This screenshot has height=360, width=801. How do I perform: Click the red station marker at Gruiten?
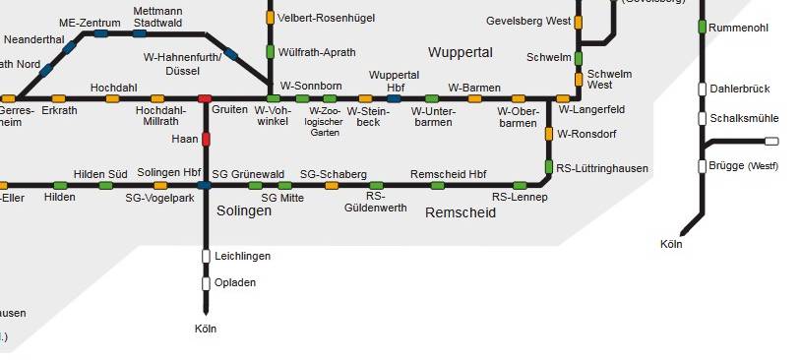pyautogui.click(x=205, y=98)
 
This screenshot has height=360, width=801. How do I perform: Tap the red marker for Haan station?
pyautogui.click(x=206, y=139)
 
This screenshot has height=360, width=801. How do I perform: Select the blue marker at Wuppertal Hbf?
pyautogui.click(x=394, y=98)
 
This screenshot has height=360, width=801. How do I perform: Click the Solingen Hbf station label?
pyautogui.click(x=169, y=172)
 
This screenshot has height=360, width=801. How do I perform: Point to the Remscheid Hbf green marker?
pyautogui.click(x=437, y=185)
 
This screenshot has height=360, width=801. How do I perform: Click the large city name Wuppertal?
pyautogui.click(x=460, y=51)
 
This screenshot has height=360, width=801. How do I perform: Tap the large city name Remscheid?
pyautogui.click(x=460, y=212)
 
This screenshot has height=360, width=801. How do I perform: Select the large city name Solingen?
pyautogui.click(x=244, y=210)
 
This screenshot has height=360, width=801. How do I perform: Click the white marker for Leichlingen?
pyautogui.click(x=206, y=256)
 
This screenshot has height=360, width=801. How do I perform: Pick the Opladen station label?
pyautogui.click(x=234, y=282)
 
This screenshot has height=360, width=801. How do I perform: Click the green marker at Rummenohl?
pyautogui.click(x=703, y=27)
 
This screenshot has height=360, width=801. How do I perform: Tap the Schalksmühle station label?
pyautogui.click(x=743, y=118)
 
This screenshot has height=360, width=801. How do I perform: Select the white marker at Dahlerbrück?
pyautogui.click(x=703, y=89)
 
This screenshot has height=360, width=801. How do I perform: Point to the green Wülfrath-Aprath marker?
pyautogui.click(x=270, y=51)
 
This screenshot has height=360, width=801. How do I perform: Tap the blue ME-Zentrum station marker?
pyautogui.click(x=100, y=33)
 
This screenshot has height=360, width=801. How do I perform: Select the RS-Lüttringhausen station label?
pyautogui.click(x=602, y=168)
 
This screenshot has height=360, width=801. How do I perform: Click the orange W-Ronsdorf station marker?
pyautogui.click(x=549, y=133)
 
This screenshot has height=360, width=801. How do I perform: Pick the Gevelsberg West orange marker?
pyautogui.click(x=578, y=22)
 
